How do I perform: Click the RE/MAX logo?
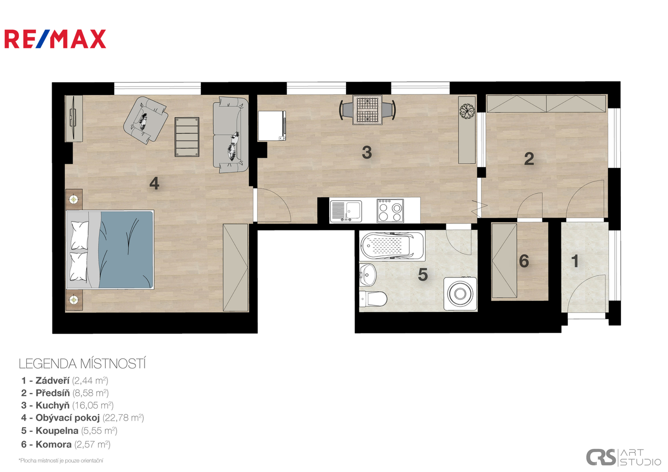tap(55, 39)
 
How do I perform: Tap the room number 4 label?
tap(154, 183)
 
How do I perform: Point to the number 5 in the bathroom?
tap(423, 274)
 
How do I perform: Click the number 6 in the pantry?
tap(524, 261)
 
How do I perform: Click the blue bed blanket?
tap(126, 250)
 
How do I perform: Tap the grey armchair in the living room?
tap(146, 120)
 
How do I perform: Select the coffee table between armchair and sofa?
tap(187, 137)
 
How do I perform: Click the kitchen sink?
tap(346, 212)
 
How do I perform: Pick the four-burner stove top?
tap(390, 211)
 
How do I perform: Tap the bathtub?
tap(392, 246)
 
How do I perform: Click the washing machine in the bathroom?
tap(460, 294)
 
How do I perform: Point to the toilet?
tap(373, 298)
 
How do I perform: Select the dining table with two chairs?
tap(367, 110)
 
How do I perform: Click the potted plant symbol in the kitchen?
tap(467, 111)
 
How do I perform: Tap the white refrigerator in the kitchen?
tap(272, 125)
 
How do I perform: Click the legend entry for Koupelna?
tap(69, 430)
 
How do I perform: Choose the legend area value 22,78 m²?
tap(123, 418)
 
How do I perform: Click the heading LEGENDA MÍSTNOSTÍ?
tap(82, 364)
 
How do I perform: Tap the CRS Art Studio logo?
tap(623, 457)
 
